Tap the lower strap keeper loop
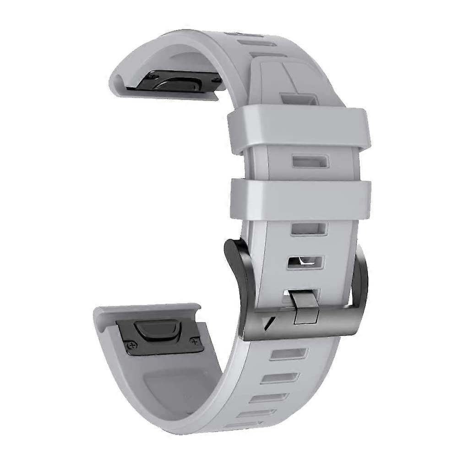(x=300, y=200)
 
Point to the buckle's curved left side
(x=238, y=275)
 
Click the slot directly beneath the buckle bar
(x=287, y=354)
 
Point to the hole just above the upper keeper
(x=300, y=98)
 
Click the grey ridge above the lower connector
(x=147, y=311)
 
